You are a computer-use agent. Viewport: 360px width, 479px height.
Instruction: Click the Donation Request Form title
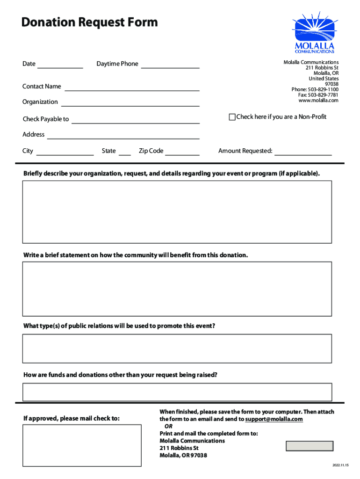click(x=89, y=22)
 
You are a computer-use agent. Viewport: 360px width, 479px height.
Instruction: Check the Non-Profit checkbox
click(x=232, y=117)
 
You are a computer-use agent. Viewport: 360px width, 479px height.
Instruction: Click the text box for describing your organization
click(x=177, y=212)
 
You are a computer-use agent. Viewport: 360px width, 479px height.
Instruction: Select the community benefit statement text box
click(x=177, y=289)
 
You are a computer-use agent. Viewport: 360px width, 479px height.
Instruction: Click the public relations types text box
click(x=177, y=348)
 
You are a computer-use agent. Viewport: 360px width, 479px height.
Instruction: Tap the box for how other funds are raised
click(x=177, y=392)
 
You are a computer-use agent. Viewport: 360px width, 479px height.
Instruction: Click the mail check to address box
click(x=82, y=445)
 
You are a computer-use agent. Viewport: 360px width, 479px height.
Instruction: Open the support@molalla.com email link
click(x=274, y=419)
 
